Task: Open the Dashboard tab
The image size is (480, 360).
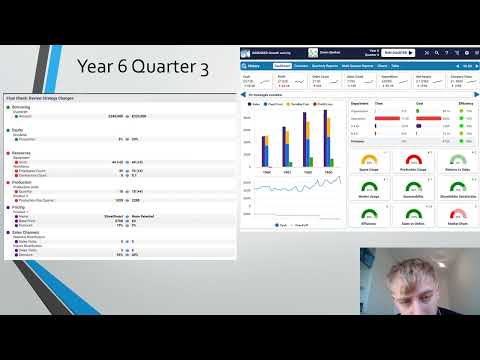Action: [281, 64]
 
